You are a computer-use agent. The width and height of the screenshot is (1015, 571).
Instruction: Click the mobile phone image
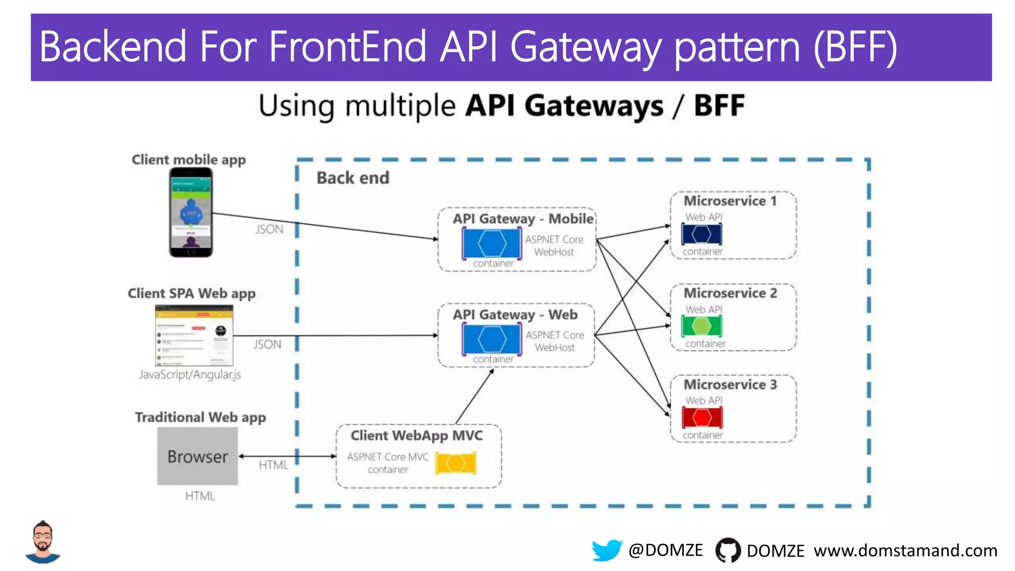191,212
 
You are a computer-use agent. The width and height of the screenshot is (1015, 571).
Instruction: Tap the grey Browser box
197,456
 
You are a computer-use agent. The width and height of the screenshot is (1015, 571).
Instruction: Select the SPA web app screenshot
194,335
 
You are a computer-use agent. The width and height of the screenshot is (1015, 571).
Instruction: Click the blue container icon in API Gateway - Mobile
492,243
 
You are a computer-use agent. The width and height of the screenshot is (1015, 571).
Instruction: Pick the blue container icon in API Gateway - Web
492,339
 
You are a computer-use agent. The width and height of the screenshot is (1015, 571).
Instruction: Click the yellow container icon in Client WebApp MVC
456,463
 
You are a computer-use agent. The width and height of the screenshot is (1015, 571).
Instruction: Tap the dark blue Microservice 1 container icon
701,234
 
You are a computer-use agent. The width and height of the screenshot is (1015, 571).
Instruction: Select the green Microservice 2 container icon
701,326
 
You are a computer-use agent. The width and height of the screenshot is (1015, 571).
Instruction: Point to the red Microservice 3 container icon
702,417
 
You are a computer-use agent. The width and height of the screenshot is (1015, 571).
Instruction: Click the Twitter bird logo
606,550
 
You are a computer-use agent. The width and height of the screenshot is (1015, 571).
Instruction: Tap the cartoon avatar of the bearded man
43,542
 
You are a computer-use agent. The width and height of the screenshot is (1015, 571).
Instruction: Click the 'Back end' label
353,178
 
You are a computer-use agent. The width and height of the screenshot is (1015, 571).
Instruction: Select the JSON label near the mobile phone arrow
269,229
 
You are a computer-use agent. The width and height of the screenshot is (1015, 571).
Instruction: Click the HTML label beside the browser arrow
273,465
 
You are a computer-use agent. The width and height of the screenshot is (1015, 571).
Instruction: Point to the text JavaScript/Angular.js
190,375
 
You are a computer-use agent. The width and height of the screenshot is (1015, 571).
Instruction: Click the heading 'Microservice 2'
730,293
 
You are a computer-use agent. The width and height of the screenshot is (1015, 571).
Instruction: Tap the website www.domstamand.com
905,551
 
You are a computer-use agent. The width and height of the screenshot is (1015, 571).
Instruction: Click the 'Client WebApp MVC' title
416,436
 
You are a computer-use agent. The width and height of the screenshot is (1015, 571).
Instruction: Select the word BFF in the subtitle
719,106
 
